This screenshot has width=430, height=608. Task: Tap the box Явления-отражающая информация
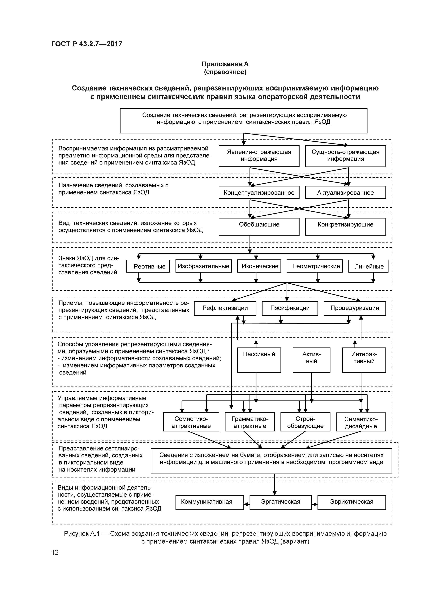pos(259,156)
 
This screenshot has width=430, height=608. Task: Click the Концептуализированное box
pos(259,193)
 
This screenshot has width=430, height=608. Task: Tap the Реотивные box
pos(148,266)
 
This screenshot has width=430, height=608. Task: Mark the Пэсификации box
pos(290,308)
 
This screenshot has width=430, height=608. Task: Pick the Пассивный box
pos(259,360)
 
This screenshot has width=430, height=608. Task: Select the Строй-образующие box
pos(305,422)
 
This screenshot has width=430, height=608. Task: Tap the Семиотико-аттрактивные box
pos(191,422)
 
